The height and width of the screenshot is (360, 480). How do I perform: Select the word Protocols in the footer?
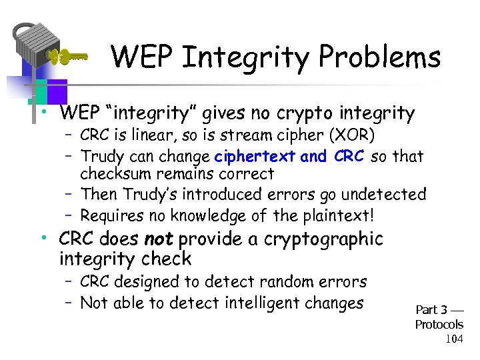click(x=439, y=325)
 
